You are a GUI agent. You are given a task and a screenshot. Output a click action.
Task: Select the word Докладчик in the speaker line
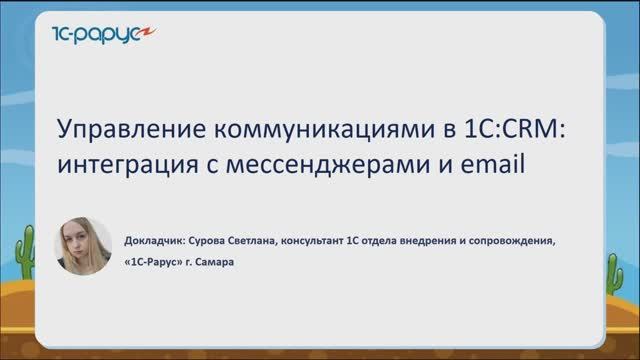tap(150, 241)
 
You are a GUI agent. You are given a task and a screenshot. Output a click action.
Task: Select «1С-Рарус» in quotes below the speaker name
tap(154, 265)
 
